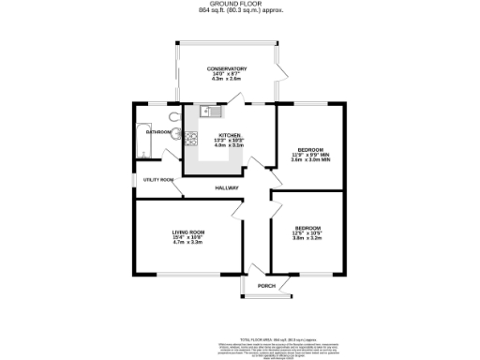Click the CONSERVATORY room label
tap(227, 68)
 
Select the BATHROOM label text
tap(157, 132)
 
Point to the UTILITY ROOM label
tap(158, 179)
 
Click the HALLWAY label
tap(228, 188)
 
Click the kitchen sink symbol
tap(209, 113)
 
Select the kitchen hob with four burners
tap(192, 140)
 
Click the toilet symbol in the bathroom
tap(174, 116)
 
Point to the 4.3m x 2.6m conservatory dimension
tap(227, 80)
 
